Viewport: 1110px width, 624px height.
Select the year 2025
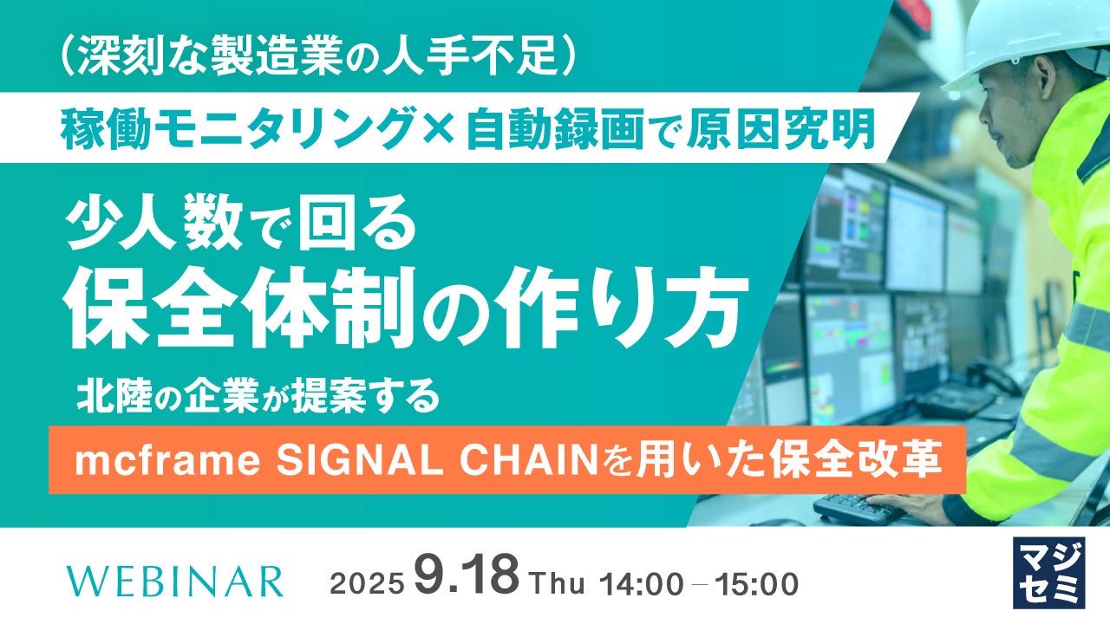(366, 584)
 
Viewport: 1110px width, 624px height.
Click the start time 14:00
(641, 584)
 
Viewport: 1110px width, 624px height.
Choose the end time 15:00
(756, 584)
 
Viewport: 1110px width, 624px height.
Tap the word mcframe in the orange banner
(167, 460)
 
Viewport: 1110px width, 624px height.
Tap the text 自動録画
(554, 130)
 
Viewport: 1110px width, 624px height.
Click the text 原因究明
(787, 130)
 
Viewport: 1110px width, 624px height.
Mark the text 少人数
(153, 225)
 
